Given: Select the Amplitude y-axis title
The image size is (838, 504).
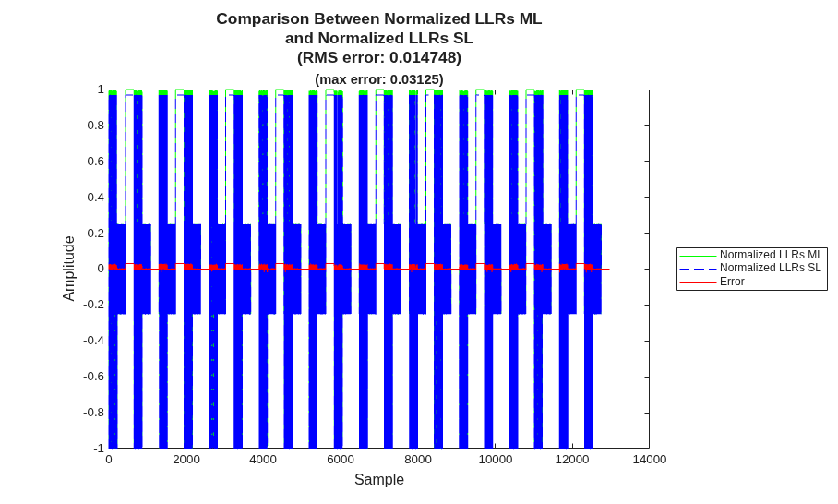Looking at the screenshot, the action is click(x=69, y=269).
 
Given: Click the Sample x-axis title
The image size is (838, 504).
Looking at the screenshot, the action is click(x=379, y=479).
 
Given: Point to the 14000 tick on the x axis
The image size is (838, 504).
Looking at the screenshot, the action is click(x=650, y=460).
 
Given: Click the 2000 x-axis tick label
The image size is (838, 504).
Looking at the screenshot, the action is click(x=186, y=460).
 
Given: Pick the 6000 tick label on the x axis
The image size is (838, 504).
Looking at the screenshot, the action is click(x=341, y=460).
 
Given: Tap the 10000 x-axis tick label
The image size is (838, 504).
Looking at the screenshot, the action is click(x=495, y=460).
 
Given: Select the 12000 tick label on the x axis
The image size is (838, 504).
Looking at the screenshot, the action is click(x=572, y=460).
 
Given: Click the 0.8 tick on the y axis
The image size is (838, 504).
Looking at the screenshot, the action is click(x=96, y=125).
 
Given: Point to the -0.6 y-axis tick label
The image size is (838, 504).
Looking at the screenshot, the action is click(x=93, y=377).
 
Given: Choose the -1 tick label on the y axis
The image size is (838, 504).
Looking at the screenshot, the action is click(x=99, y=448).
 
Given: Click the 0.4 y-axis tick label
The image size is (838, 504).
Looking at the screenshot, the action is click(x=96, y=197).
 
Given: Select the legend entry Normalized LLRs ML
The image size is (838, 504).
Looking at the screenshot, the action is click(x=772, y=255).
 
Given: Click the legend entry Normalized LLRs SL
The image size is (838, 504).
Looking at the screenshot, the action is click(x=770, y=268).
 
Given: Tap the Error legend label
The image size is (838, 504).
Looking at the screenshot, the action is click(x=732, y=282).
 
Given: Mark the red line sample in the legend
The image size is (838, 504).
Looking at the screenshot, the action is click(x=698, y=282).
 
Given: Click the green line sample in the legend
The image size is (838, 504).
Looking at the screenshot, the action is click(x=698, y=256).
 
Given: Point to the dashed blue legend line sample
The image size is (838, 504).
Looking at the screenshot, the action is click(x=698, y=269).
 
